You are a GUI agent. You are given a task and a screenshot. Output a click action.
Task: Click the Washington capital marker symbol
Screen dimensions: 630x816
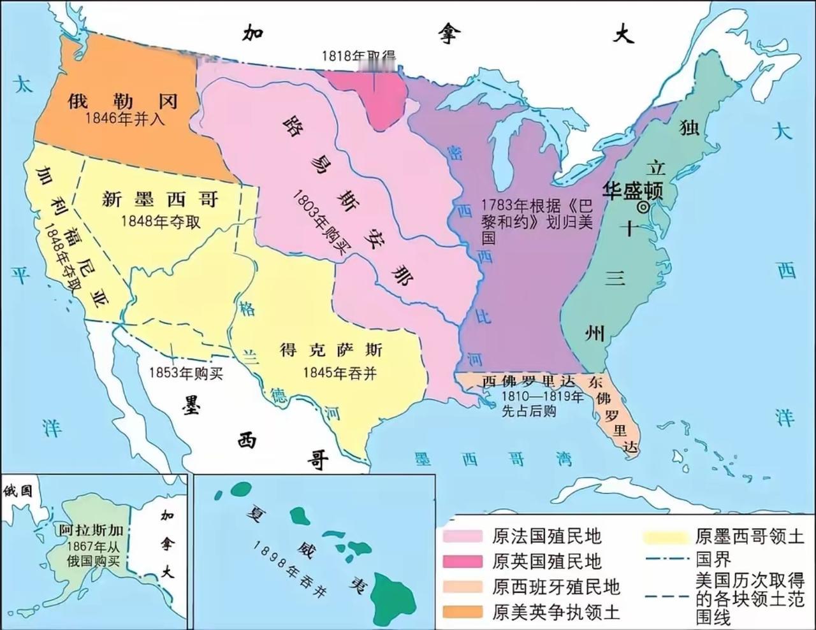tap(643, 207)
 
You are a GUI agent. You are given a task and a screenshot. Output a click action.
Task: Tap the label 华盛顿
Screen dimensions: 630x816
tap(634, 190)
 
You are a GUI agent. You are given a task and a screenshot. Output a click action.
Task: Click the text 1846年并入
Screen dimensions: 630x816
tap(125, 118)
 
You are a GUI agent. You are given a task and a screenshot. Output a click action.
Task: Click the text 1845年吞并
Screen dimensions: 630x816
tap(339, 373)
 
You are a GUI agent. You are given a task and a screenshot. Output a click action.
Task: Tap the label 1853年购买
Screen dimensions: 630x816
tap(186, 373)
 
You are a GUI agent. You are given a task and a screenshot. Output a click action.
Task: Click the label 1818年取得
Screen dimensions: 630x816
tap(358, 56)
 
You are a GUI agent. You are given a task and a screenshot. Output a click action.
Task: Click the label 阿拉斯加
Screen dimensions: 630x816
tap(91, 530)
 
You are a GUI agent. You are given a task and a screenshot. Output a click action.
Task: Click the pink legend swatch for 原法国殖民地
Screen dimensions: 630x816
tap(463, 536)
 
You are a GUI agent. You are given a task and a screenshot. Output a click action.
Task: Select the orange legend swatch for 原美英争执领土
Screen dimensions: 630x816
tap(463, 612)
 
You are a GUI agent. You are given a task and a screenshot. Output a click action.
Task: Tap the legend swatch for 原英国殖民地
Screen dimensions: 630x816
tap(463, 561)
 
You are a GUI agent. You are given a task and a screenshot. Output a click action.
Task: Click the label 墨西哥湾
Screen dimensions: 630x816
tap(493, 459)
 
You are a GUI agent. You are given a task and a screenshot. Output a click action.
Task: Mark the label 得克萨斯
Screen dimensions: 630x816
tap(331, 350)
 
